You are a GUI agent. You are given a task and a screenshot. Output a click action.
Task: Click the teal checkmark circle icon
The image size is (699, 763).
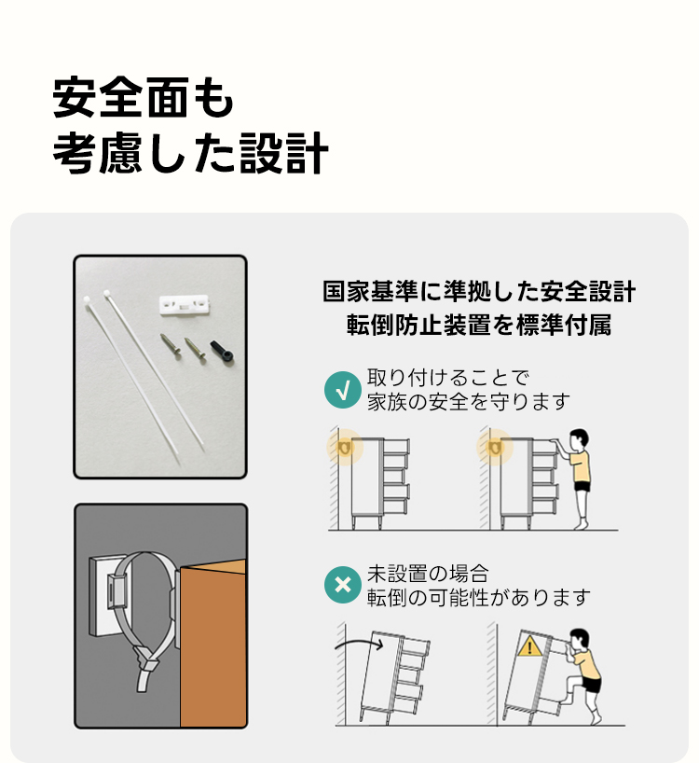(x=343, y=389)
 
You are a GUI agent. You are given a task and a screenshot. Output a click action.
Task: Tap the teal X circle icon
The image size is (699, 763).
(x=343, y=585)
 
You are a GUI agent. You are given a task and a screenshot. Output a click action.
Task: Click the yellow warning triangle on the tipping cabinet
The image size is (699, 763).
(x=529, y=646)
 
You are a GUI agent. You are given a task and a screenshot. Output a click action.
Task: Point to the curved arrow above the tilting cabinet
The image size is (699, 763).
(x=358, y=641)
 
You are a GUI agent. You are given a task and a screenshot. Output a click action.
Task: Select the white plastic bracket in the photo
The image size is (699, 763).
(x=184, y=305)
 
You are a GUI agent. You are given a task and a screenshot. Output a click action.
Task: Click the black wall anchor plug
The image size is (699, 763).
(x=222, y=351)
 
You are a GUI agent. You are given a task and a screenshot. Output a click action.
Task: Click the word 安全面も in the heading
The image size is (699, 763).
(x=144, y=97)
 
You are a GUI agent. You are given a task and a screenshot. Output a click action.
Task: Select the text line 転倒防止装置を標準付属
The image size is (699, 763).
(x=479, y=325)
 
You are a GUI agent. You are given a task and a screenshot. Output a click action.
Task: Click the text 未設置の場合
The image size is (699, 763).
(x=428, y=574)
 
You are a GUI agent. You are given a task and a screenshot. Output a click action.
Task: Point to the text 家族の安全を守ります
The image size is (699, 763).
(x=469, y=401)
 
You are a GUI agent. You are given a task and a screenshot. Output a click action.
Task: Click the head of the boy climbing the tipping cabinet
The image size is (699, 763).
(x=579, y=639)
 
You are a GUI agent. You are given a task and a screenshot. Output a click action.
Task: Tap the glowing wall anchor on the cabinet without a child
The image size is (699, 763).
(x=345, y=447)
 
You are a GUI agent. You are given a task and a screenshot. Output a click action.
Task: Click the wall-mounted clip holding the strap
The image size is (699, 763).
(x=116, y=590)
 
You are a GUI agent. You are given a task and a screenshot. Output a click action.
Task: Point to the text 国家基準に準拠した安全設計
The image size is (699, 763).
(x=479, y=291)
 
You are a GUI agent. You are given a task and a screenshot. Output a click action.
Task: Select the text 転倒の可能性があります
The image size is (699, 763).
(x=479, y=597)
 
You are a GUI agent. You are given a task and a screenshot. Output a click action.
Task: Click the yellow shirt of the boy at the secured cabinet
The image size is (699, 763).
(x=580, y=466)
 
